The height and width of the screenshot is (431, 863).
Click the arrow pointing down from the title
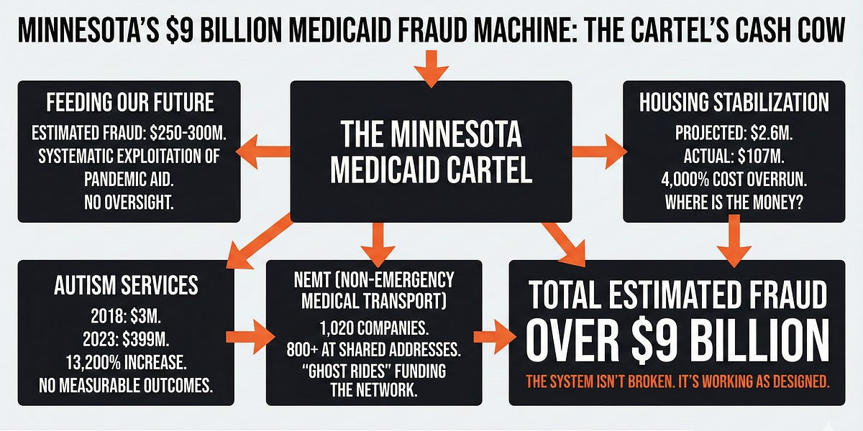coord(431,70)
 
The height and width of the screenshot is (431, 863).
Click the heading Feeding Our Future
coord(130,102)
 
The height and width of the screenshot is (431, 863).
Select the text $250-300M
coord(190,134)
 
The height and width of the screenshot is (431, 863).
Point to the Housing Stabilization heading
coord(734,102)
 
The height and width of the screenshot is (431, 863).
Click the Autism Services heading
coord(126,285)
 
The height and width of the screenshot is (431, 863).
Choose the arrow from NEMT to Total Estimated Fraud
coord(491,336)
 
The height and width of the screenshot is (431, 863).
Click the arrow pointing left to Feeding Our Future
coord(265,152)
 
